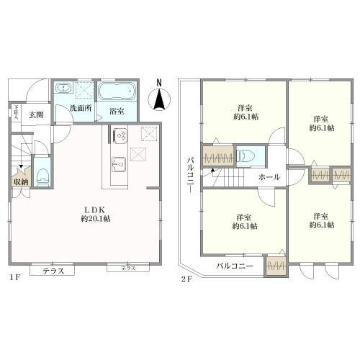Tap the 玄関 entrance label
point(37,114)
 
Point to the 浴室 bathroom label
point(116,112)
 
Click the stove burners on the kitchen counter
point(120,135)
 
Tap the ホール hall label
point(269,176)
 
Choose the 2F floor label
point(186,275)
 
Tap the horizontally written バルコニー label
point(235,266)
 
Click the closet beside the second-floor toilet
point(218,156)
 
